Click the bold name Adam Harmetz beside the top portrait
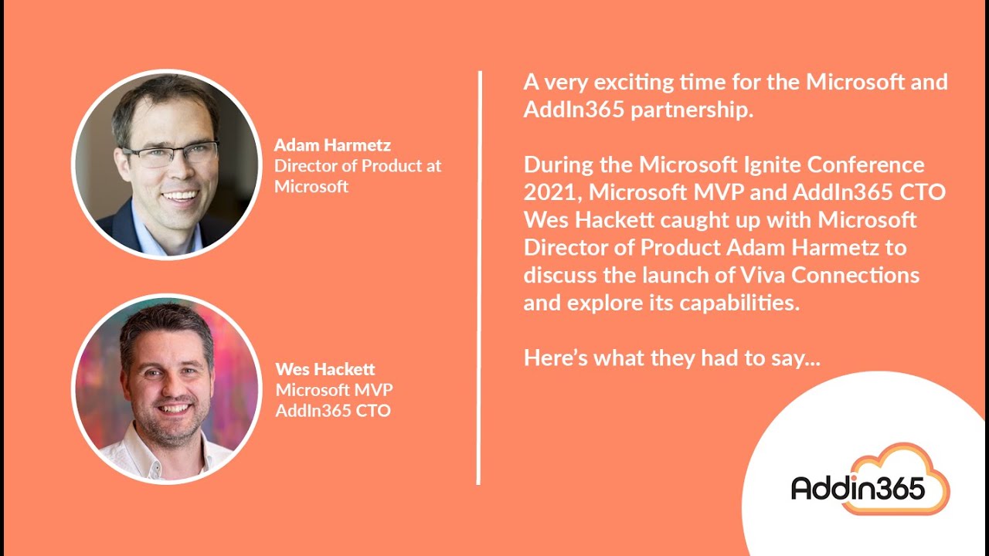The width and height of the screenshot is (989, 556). pyautogui.click(x=332, y=145)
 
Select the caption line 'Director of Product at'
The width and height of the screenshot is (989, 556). pyautogui.click(x=358, y=166)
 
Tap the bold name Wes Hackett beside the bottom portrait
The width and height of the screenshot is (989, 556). pyautogui.click(x=325, y=369)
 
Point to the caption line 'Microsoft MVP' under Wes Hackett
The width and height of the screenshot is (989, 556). pyautogui.click(x=335, y=390)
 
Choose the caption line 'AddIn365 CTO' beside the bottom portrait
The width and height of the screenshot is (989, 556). pyautogui.click(x=333, y=410)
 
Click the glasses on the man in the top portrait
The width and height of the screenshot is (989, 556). pyautogui.click(x=170, y=155)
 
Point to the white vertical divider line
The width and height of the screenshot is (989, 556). pyautogui.click(x=479, y=278)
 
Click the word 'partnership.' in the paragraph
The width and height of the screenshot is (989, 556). pyautogui.click(x=692, y=110)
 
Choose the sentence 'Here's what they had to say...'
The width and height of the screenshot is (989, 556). pyautogui.click(x=671, y=358)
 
